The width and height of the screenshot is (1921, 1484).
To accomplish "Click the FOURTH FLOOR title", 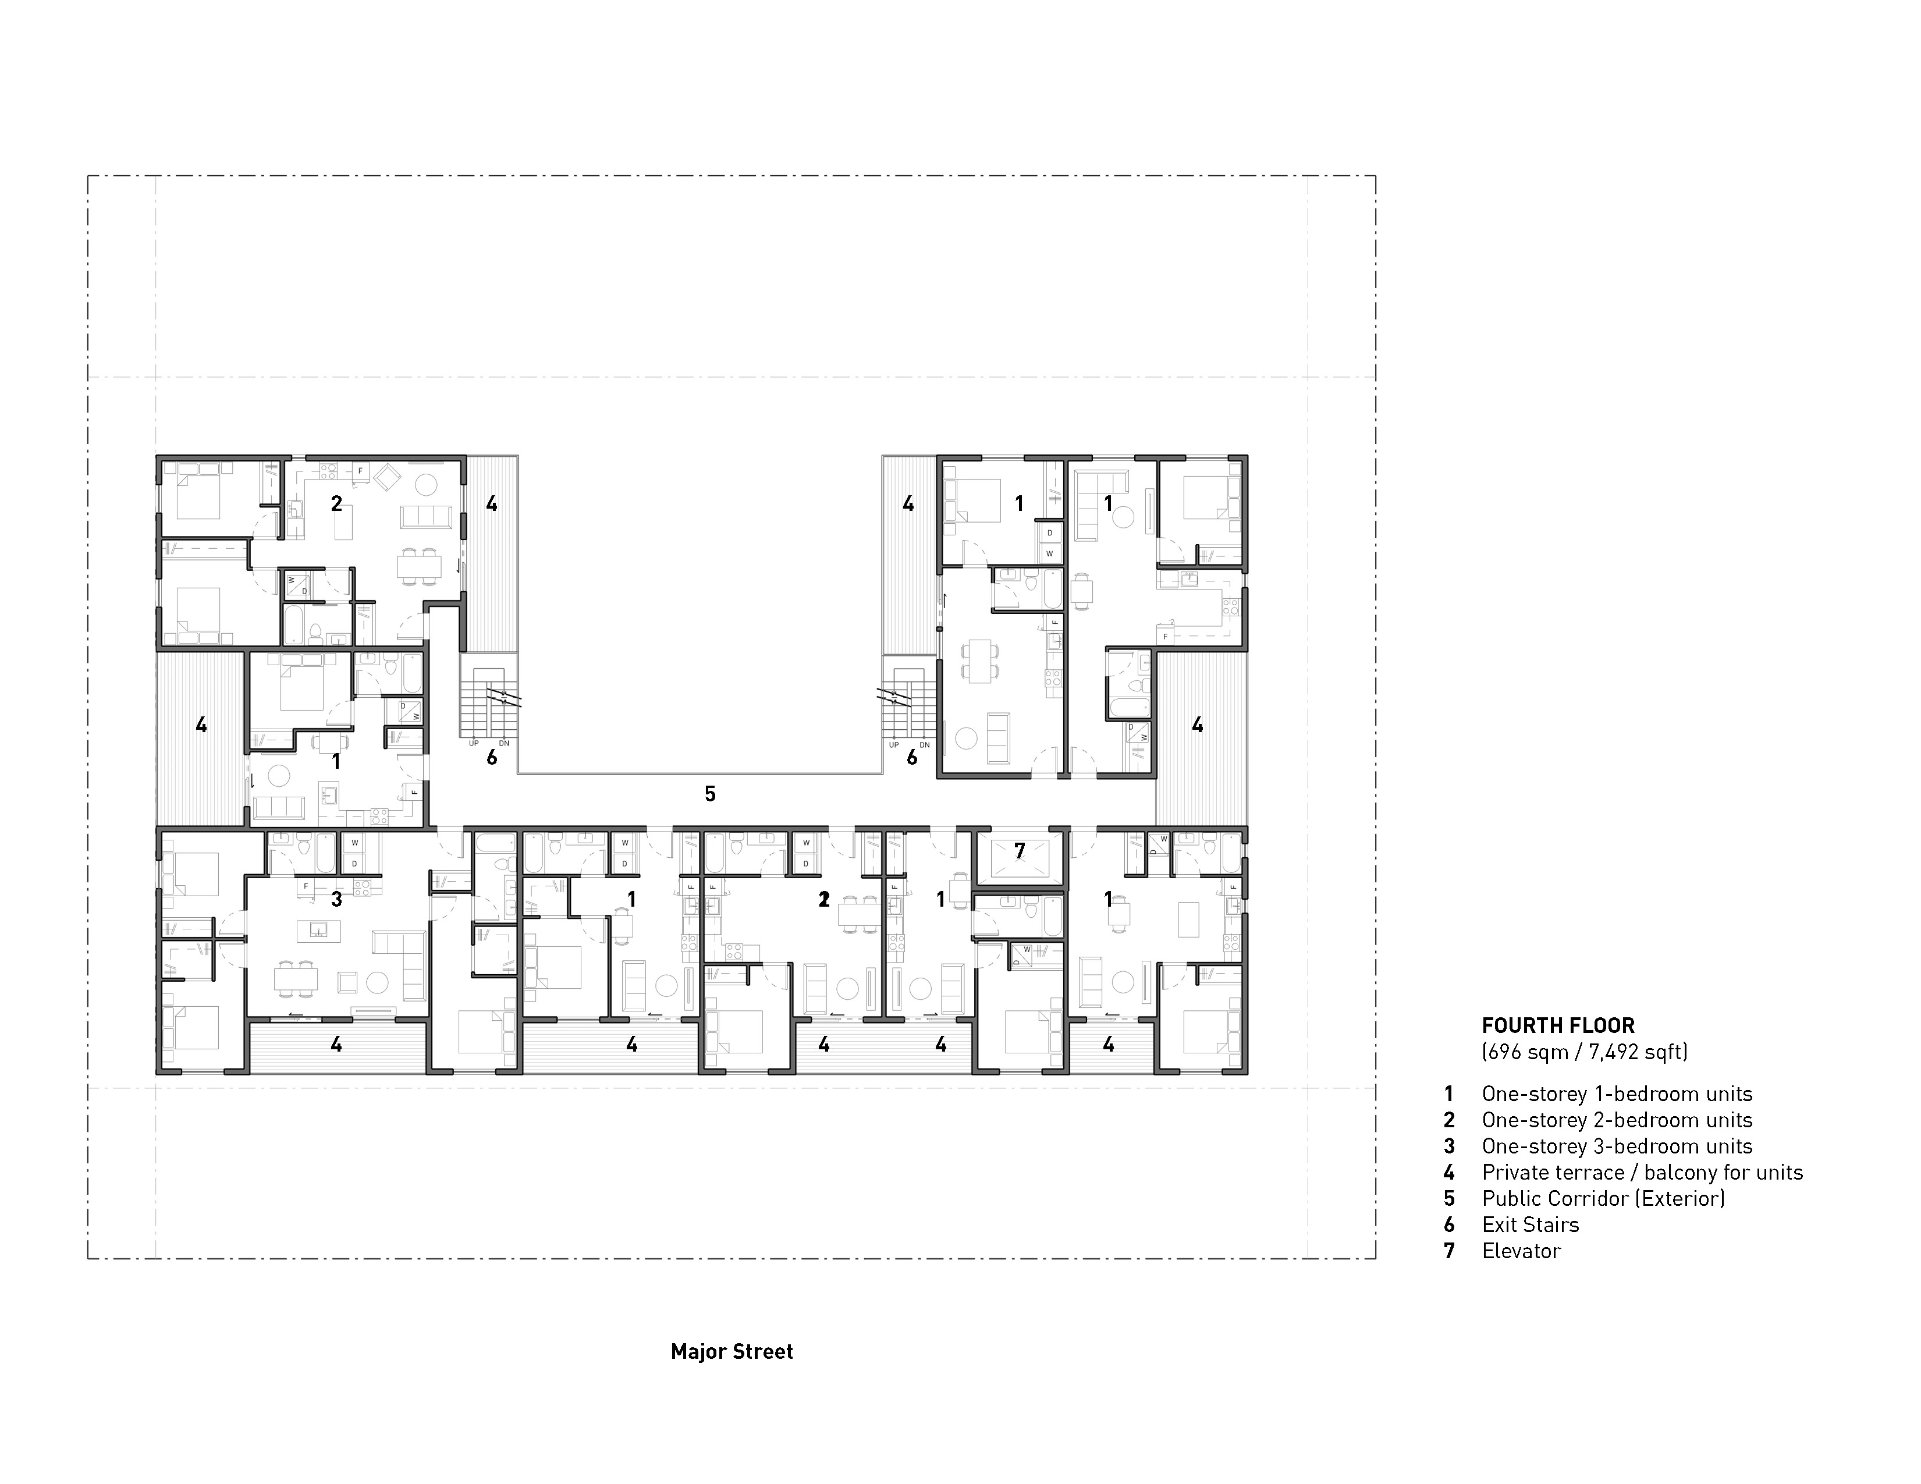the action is [x=1558, y=1025].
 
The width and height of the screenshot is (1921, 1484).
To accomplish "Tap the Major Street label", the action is [x=732, y=1351].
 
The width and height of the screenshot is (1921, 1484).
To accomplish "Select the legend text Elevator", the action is [x=1521, y=1251].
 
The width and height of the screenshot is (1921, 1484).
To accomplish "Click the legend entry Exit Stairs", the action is [x=1531, y=1224].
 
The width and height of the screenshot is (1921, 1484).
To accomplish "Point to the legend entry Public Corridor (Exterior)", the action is [x=1603, y=1198].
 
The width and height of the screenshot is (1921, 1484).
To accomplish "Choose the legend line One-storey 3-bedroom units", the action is [x=1617, y=1146].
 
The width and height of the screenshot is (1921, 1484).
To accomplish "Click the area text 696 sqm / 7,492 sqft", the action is [x=1584, y=1051].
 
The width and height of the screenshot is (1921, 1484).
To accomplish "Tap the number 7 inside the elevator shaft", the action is [x=1020, y=851].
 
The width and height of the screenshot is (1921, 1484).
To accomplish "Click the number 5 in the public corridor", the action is [x=710, y=794].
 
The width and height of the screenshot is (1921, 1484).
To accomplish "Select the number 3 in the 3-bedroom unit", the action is [x=336, y=900].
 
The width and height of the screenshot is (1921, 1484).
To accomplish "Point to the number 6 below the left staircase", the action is [x=492, y=757].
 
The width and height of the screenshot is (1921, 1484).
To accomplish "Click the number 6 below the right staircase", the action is [x=912, y=757].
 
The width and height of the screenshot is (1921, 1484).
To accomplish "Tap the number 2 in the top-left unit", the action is [x=336, y=504].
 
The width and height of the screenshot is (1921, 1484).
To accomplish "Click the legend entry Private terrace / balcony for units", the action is [x=1642, y=1173].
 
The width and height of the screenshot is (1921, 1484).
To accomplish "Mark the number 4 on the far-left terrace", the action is [x=201, y=725].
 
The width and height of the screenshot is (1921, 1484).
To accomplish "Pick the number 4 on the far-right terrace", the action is [x=1197, y=725].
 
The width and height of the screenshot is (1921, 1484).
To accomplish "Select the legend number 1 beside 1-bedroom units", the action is [x=1448, y=1094].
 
